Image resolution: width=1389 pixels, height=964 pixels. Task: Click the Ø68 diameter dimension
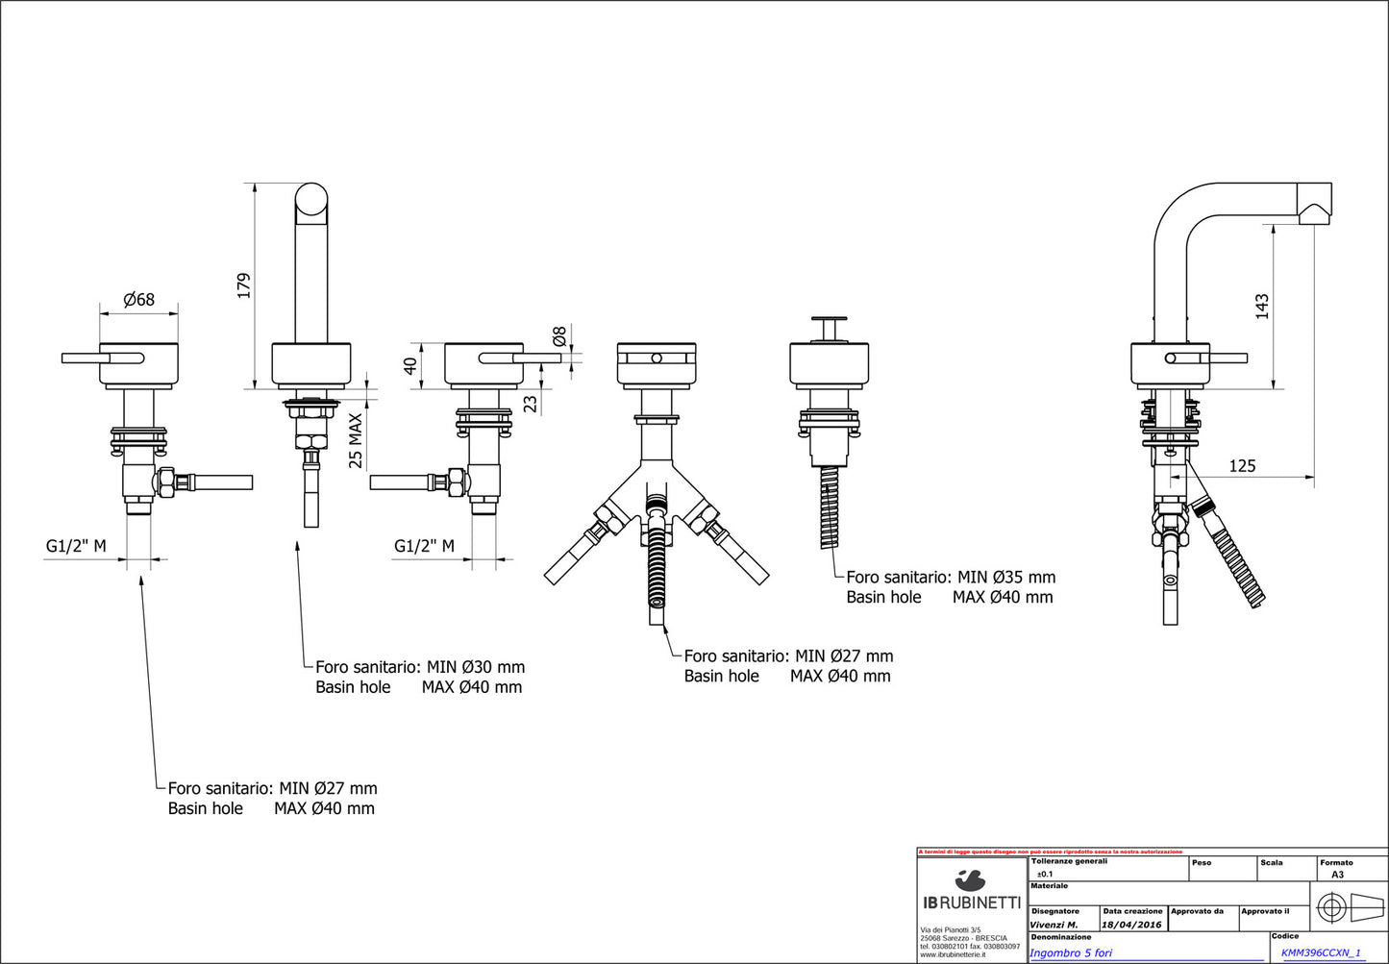click(x=138, y=300)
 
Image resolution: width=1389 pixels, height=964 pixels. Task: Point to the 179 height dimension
click(x=244, y=285)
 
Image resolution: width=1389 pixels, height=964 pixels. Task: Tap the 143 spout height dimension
click(x=1262, y=306)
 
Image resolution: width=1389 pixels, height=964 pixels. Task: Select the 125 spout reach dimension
click(x=1242, y=466)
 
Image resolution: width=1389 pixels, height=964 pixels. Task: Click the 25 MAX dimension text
click(x=356, y=440)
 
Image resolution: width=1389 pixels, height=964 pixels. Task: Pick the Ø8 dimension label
click(x=559, y=336)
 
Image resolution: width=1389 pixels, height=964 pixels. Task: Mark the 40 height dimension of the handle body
click(x=410, y=366)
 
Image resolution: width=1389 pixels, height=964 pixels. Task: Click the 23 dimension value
click(x=531, y=403)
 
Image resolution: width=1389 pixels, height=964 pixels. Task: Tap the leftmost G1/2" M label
click(x=76, y=547)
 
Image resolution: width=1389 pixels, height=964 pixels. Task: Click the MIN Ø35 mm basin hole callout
click(x=951, y=578)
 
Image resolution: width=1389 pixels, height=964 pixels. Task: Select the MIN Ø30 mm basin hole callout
click(x=420, y=667)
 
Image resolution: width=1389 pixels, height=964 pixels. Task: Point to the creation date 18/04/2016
click(x=1132, y=925)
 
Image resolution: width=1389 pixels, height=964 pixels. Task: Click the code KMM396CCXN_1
click(x=1321, y=952)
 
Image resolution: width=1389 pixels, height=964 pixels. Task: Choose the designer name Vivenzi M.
click(x=1054, y=925)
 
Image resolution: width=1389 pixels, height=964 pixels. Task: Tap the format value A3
click(x=1337, y=875)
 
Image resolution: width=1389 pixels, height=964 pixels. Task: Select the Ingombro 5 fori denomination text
click(x=1071, y=952)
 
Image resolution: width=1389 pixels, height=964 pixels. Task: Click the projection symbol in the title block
click(x=1350, y=906)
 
